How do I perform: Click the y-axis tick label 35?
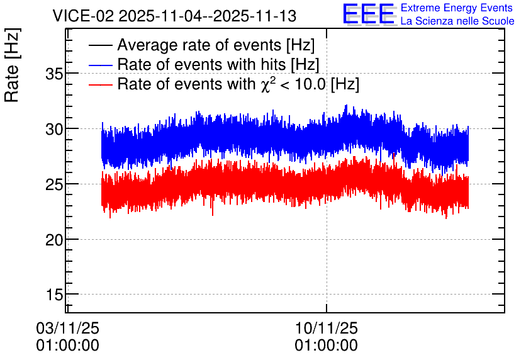tap(54, 74)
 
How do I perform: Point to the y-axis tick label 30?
tap(54, 129)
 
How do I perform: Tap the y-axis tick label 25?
tap(54, 184)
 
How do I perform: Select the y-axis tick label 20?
tap(54, 240)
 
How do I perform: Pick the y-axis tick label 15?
tap(54, 295)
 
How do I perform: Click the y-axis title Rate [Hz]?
tap(13, 65)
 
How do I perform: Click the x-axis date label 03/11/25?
tap(67, 328)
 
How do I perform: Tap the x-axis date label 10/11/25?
tap(327, 328)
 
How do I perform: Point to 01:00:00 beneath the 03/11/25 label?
tap(67, 346)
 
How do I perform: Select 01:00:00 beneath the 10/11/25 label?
tap(327, 346)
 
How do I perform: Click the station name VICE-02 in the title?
tap(84, 16)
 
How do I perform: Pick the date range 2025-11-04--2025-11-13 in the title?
tap(207, 16)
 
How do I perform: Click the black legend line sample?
tap(100, 45)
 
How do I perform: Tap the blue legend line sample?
tap(100, 65)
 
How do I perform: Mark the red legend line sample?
tap(100, 84)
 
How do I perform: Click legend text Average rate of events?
tap(199, 45)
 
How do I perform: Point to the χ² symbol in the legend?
tap(268, 84)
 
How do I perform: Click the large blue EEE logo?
tap(368, 14)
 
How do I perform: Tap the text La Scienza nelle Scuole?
tap(457, 21)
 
